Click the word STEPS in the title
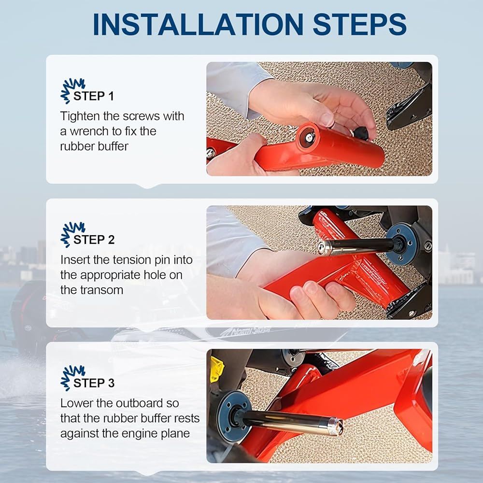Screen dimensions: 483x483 click(x=359, y=24)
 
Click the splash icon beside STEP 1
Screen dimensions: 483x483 click(x=72, y=90)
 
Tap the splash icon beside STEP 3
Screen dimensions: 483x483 click(x=72, y=377)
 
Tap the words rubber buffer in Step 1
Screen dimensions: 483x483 click(x=94, y=146)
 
